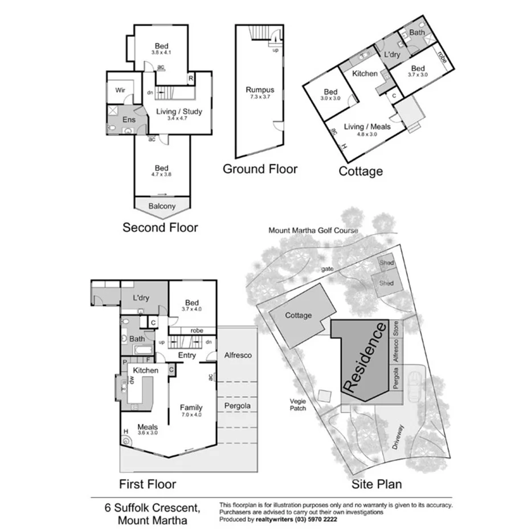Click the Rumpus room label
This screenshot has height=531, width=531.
click(260, 89)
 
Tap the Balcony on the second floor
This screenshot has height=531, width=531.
click(162, 206)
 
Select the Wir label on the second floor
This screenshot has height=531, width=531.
click(120, 90)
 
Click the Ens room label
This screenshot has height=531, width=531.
click(129, 120)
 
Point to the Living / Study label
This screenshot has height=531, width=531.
click(179, 112)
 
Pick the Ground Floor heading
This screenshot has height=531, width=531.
click(260, 169)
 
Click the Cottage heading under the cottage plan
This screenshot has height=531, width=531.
click(361, 171)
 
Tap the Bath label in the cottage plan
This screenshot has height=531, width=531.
click(417, 33)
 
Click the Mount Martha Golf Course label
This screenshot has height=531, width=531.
click(313, 231)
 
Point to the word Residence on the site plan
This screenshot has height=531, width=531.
click(365, 357)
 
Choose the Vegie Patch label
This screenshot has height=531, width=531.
click(297, 404)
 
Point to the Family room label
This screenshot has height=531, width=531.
click(191, 407)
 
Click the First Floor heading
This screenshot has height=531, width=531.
click(147, 484)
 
